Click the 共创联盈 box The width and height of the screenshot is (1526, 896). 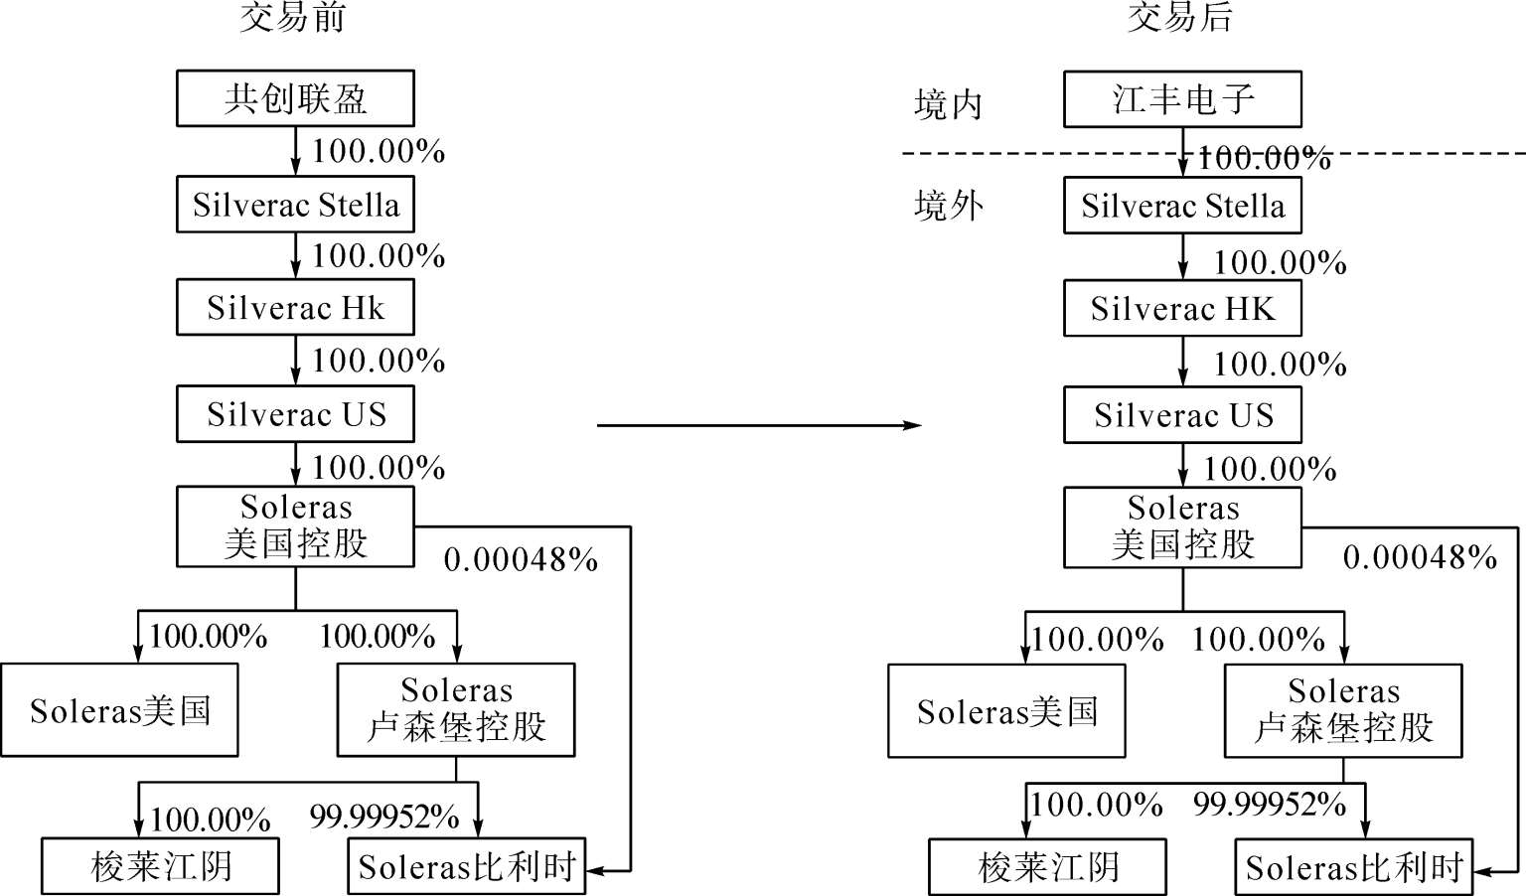295,98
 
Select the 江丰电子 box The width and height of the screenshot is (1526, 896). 1182,98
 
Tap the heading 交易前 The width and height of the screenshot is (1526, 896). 293,18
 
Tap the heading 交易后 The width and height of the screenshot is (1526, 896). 1180,18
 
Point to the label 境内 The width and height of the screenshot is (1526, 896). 948,105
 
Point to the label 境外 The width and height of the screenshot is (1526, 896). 949,205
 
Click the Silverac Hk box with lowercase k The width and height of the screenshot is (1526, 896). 295,307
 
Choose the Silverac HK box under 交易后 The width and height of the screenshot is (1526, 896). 1182,308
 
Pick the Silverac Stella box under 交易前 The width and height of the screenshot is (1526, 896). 295,205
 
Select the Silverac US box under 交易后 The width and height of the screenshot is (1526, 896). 1182,415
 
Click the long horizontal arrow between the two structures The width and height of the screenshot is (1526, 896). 759,425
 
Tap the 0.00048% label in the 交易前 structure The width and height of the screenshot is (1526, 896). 521,560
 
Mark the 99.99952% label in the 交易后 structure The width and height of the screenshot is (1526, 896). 1269,805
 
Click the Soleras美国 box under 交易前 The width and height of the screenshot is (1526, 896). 119,710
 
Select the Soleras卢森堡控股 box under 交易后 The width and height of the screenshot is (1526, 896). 1343,710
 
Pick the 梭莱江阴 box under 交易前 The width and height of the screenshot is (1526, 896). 160,866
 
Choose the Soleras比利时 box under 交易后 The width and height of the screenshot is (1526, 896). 1354,867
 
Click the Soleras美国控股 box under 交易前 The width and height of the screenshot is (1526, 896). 295,526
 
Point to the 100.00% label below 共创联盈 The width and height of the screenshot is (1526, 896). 379,151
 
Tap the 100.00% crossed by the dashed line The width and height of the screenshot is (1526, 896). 1264,158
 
